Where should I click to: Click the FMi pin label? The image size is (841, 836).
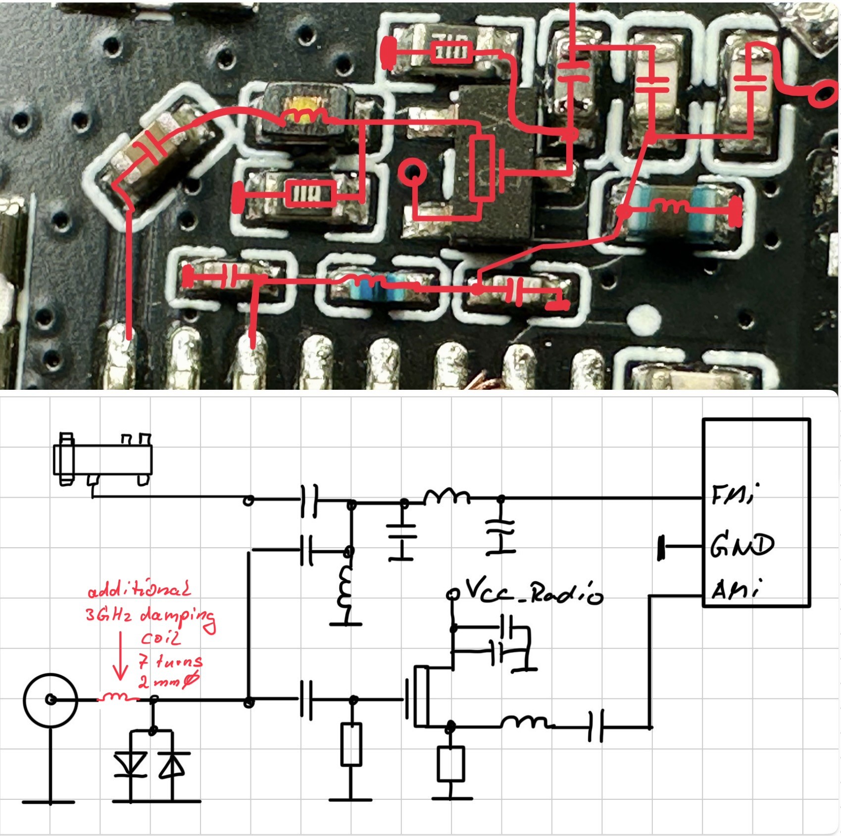pyautogui.click(x=732, y=494)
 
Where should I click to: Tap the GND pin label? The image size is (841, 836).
pyautogui.click(x=741, y=546)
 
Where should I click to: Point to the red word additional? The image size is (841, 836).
pyautogui.click(x=139, y=590)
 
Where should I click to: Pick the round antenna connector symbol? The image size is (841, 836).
pyautogui.click(x=50, y=699)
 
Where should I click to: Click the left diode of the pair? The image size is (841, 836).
pyautogui.click(x=131, y=764)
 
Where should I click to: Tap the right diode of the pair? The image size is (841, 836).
pyautogui.click(x=172, y=764)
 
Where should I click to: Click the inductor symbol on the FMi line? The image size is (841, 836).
pyautogui.click(x=446, y=496)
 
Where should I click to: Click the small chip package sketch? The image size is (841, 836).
pyautogui.click(x=103, y=460)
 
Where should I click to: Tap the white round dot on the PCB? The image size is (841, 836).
pyautogui.click(x=644, y=319)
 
